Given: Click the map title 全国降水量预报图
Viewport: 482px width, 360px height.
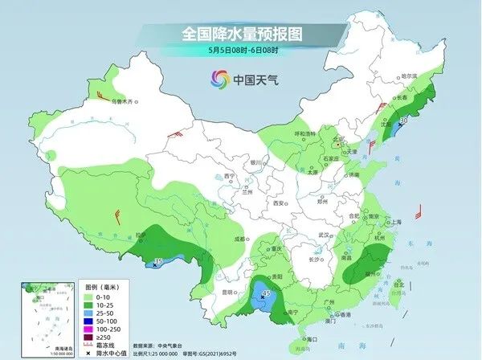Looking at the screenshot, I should click(241, 34).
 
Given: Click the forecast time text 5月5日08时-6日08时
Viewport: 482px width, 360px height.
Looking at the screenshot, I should click(241, 51).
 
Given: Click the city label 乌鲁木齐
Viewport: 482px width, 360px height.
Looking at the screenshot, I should click(119, 102).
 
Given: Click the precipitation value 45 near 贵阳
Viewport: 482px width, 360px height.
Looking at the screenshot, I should click(266, 295).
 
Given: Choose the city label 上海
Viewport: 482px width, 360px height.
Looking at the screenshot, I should click(394, 222).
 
